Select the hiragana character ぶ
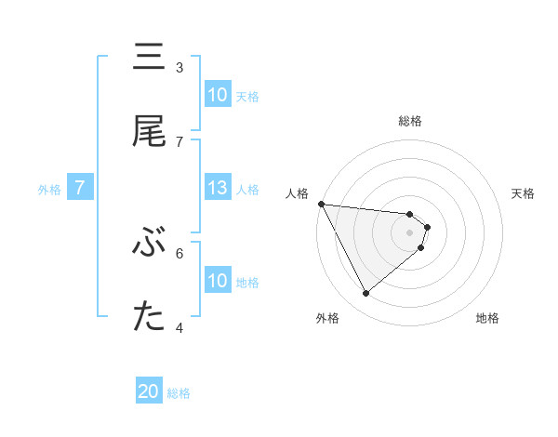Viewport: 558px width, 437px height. [150, 244]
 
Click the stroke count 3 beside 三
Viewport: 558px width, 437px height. [179, 67]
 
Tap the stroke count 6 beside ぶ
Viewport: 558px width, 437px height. [179, 252]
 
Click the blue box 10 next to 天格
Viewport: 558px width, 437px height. [218, 95]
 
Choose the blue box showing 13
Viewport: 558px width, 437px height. [218, 188]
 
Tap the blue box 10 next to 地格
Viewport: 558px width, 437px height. [218, 281]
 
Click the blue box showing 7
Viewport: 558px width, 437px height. [80, 188]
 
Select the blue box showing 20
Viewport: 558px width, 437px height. [149, 392]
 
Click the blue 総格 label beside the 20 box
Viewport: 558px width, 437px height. [179, 393]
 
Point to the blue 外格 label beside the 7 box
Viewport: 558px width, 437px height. [49, 189]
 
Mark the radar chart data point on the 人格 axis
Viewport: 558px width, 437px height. [320, 204]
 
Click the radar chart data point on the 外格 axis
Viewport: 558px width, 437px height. [365, 293]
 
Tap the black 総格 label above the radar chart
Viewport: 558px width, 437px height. [410, 121]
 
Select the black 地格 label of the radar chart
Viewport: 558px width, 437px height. [487, 318]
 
